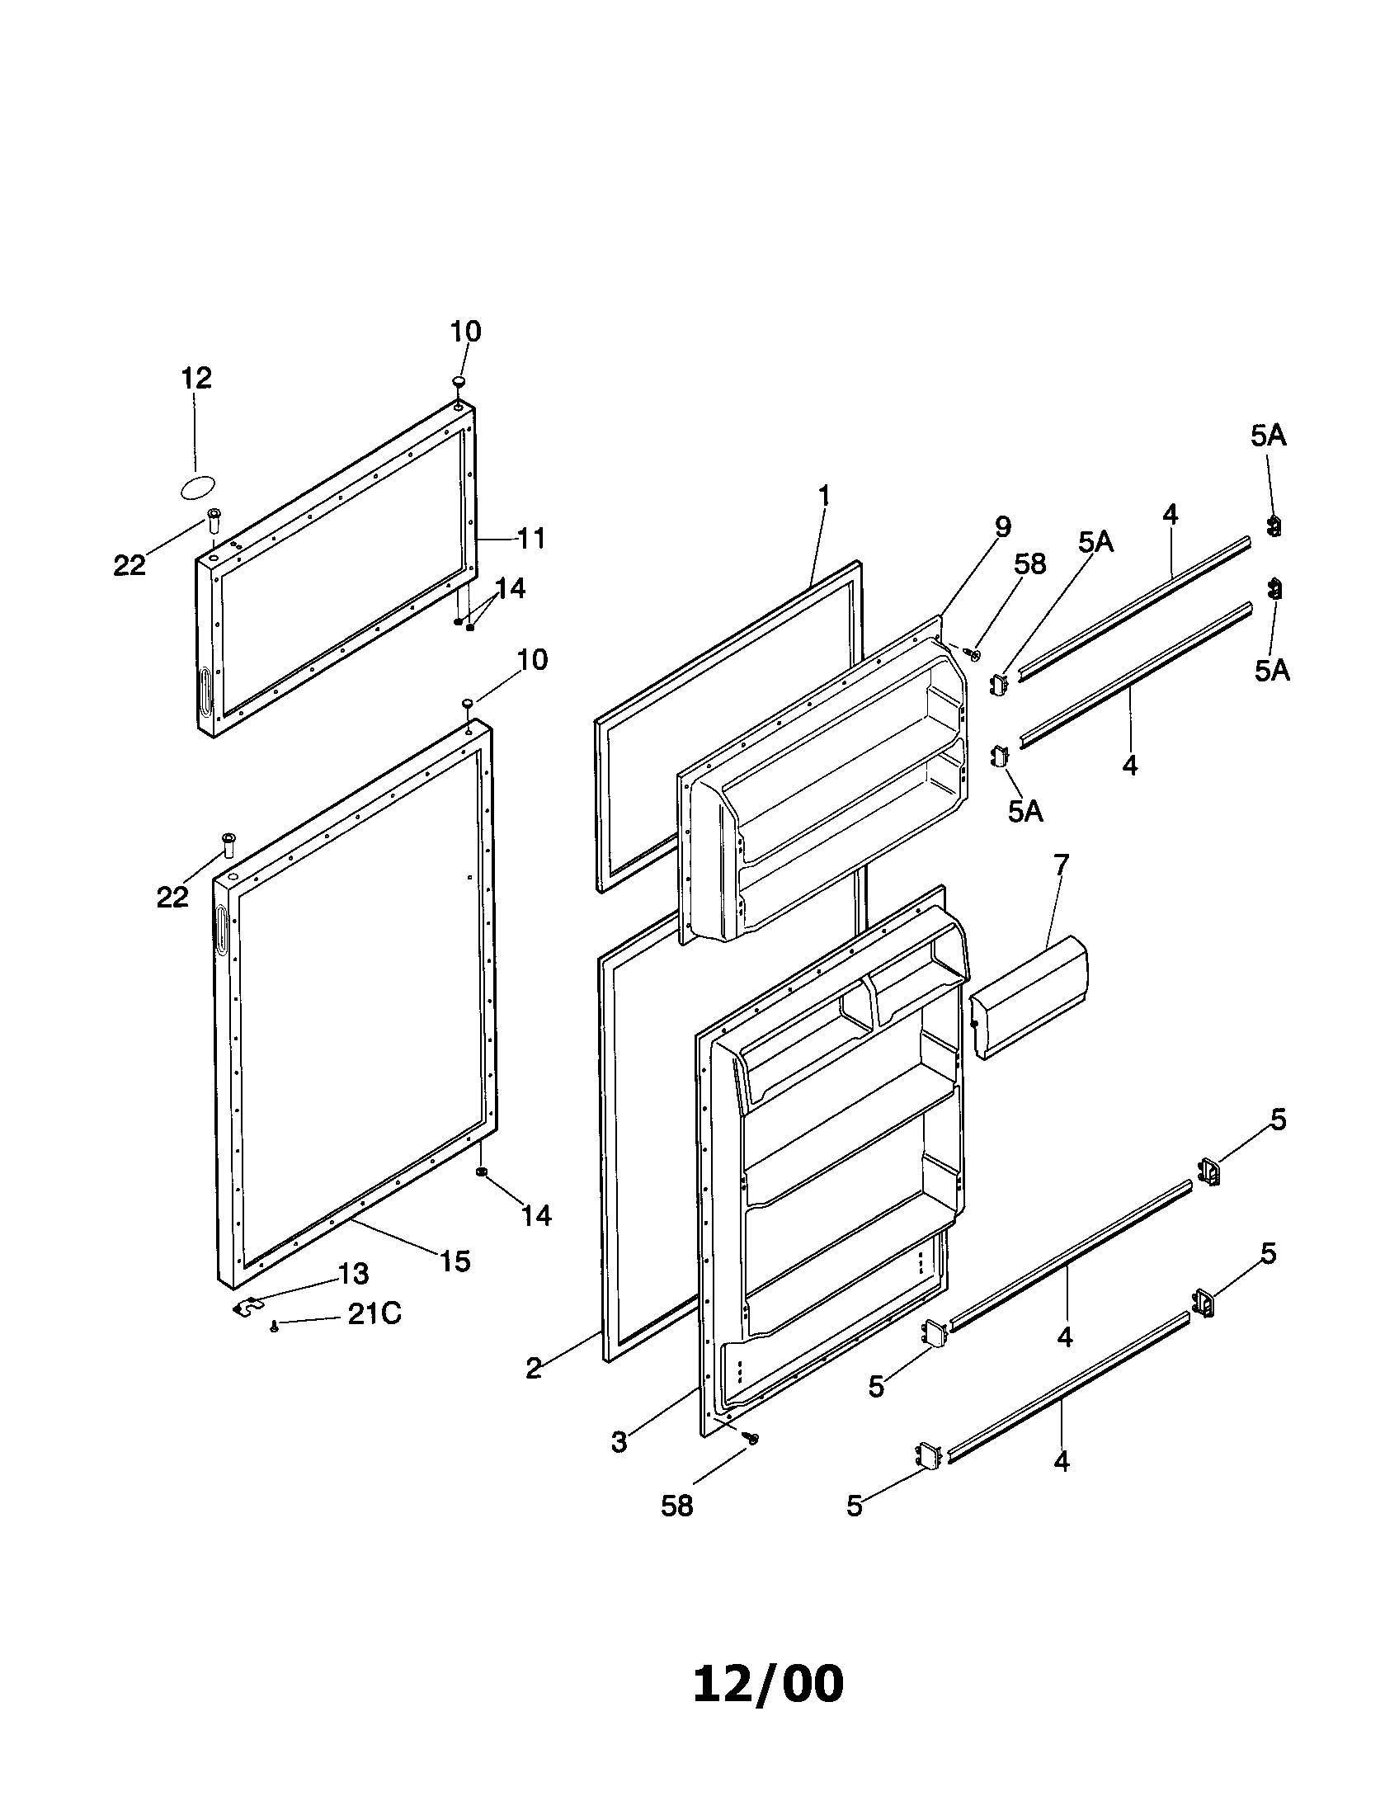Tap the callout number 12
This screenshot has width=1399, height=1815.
click(196, 378)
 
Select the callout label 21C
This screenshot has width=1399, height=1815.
click(374, 1314)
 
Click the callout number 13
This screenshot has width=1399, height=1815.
click(353, 1273)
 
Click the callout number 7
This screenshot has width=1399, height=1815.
click(1061, 865)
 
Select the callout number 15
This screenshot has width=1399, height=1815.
click(455, 1261)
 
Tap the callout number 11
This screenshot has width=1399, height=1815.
click(531, 539)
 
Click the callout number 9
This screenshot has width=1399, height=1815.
click(1002, 526)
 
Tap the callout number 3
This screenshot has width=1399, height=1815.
click(619, 1442)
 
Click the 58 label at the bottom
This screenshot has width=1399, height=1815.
click(676, 1505)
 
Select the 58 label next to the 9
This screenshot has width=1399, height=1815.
click(1029, 564)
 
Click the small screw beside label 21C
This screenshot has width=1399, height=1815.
click(274, 1328)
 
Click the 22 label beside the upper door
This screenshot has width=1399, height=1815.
click(130, 566)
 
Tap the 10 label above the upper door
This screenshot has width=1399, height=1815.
click(465, 332)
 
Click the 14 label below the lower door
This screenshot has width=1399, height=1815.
click(536, 1216)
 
